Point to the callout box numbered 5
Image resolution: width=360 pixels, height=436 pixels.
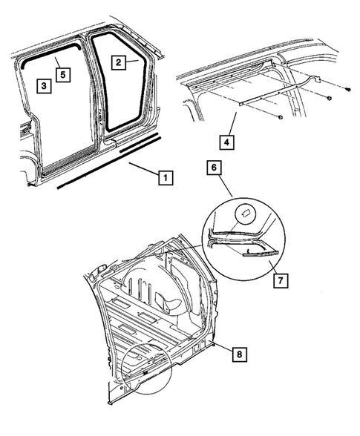pyautogui.click(x=63, y=74)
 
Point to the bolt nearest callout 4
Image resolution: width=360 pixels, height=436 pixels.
pyautogui.click(x=280, y=117)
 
